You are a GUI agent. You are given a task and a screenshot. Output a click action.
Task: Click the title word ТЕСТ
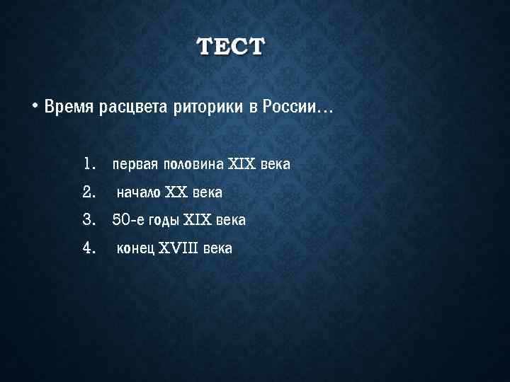click(x=230, y=47)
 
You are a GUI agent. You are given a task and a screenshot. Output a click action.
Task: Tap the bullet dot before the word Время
click(x=34, y=108)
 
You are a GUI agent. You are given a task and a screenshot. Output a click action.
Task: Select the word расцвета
click(x=133, y=108)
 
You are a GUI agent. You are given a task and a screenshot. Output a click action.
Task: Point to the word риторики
click(x=208, y=108)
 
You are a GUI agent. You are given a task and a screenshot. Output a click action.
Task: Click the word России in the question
click(x=290, y=108)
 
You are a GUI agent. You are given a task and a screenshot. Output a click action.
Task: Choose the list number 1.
click(x=89, y=164)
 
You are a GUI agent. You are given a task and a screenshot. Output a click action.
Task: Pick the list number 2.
click(x=89, y=192)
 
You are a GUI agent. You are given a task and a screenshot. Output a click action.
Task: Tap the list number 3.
click(x=89, y=220)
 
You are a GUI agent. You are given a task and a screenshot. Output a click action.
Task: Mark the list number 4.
click(x=89, y=248)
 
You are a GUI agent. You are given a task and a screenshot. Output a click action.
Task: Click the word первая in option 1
click(x=135, y=165)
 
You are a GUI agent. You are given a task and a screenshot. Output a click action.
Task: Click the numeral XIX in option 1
click(x=242, y=165)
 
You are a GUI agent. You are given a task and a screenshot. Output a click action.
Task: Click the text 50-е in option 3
click(x=128, y=221)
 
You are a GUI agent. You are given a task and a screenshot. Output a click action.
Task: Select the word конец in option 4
click(x=136, y=249)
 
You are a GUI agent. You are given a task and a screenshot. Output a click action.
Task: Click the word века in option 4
click(x=217, y=249)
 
